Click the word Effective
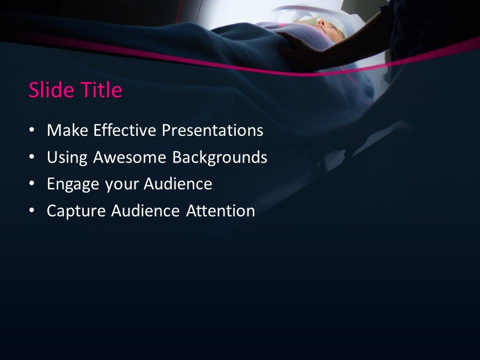click(123, 131)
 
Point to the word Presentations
click(212, 131)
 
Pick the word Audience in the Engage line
click(178, 184)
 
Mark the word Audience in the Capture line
click(145, 211)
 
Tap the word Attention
click(220, 211)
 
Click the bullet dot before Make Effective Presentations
click(32, 130)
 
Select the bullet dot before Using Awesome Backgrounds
click(32, 157)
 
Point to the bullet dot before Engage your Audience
click(32, 184)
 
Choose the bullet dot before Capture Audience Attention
click(32, 211)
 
